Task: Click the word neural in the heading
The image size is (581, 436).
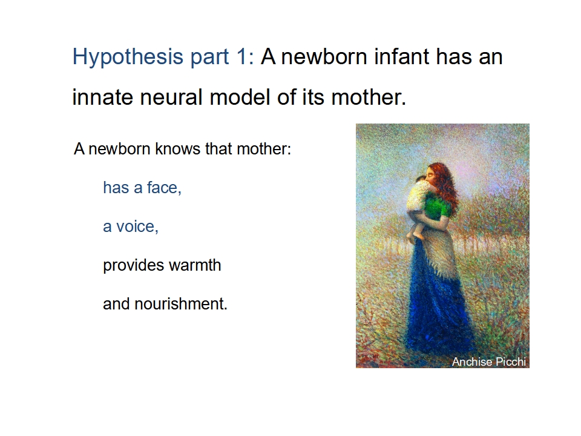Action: [171, 97]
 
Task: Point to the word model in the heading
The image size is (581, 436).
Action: [240, 97]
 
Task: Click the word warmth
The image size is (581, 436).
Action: [195, 265]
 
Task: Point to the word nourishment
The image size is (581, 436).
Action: [181, 304]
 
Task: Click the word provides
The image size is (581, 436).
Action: [133, 266]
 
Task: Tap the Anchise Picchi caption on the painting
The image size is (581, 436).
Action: [489, 362]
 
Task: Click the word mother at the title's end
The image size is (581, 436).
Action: [369, 97]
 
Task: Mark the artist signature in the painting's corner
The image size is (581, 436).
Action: [368, 356]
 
